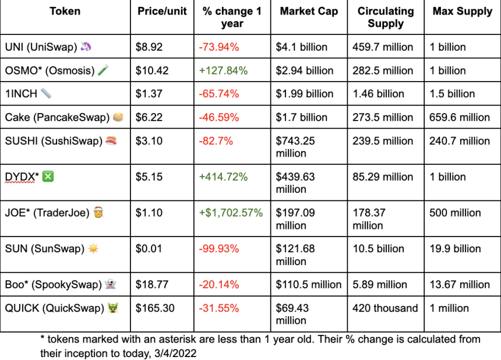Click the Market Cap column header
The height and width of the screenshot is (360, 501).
tap(309, 11)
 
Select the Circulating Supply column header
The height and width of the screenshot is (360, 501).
tap(386, 17)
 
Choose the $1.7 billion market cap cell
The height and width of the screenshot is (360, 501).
tap(302, 117)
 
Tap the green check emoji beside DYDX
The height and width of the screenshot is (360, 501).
tap(48, 177)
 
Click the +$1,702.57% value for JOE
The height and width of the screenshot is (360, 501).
tap(231, 213)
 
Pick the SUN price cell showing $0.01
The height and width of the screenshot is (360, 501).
tap(149, 249)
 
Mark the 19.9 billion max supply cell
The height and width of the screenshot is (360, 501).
tap(456, 249)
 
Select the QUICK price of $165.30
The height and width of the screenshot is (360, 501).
tap(155, 308)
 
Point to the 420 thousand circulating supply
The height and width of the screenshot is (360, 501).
tap(385, 308)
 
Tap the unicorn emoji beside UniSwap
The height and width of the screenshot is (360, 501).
tap(86, 47)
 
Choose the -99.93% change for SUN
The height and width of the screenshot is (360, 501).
tap(219, 249)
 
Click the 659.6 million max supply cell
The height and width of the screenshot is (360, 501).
tap(460, 117)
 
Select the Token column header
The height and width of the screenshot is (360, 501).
tap(65, 11)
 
